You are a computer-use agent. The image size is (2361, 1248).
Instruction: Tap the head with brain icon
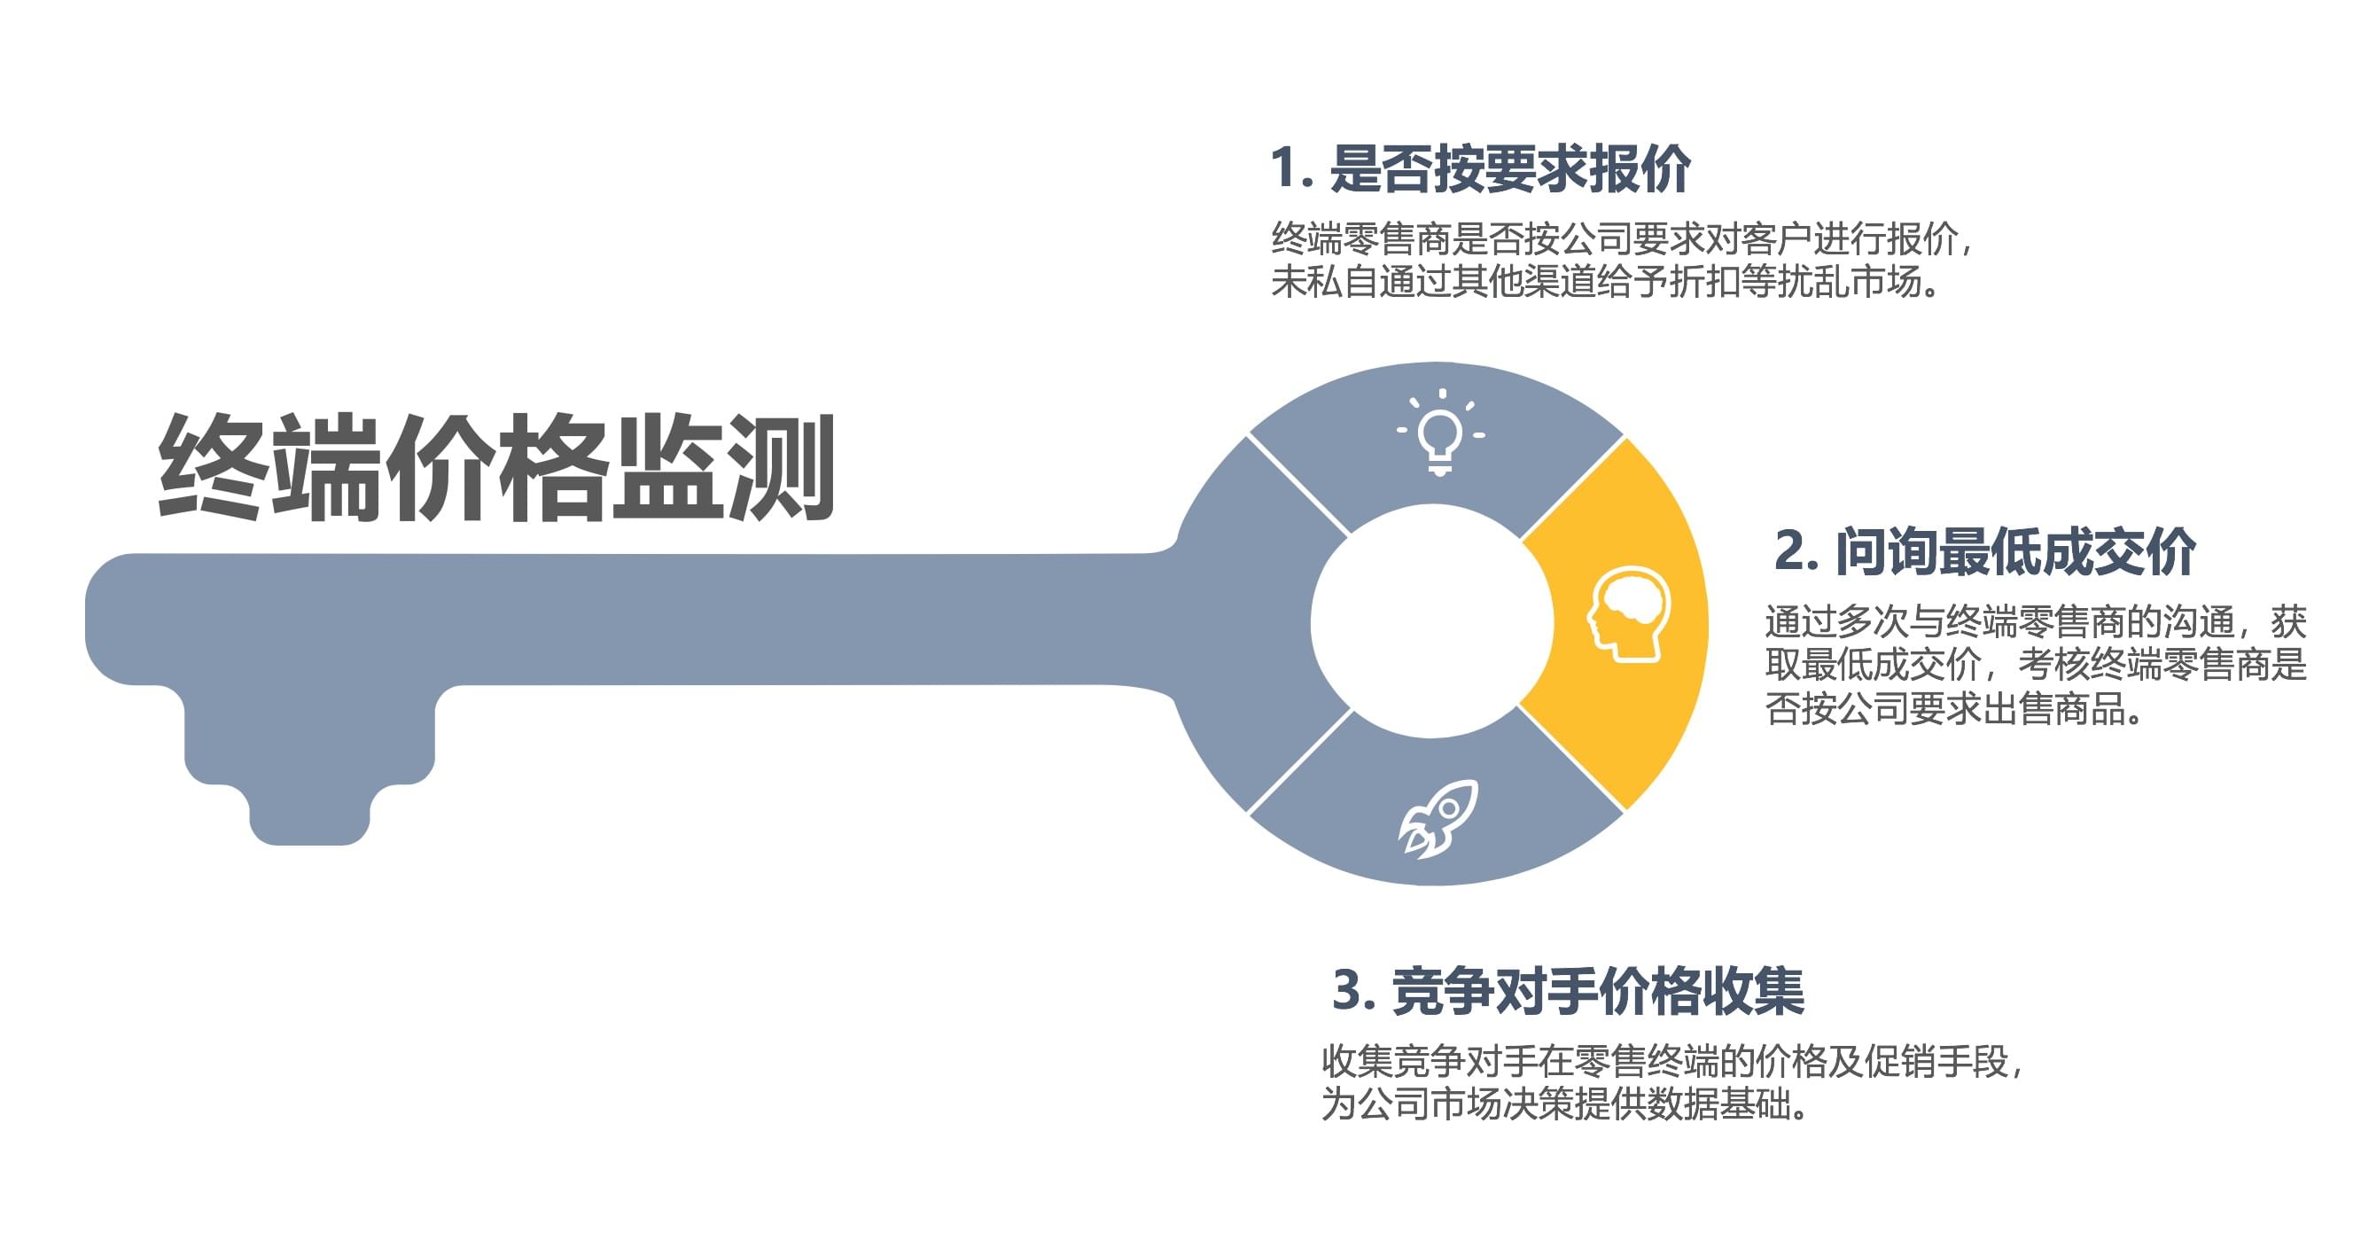[1629, 613]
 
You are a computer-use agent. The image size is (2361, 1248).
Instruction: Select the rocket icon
[1438, 818]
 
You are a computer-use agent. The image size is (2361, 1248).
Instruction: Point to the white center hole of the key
[1431, 622]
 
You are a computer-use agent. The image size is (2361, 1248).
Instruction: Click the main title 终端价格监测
[495, 468]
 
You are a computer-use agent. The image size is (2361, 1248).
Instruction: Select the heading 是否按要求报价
[1509, 169]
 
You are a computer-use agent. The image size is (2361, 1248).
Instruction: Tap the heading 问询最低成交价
[2014, 552]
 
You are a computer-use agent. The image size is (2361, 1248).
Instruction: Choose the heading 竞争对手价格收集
[1598, 991]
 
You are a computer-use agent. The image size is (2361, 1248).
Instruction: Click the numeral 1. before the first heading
[1291, 169]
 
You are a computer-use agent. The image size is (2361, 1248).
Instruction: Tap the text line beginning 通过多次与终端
[2035, 621]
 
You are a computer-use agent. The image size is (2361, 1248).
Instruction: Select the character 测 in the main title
[782, 468]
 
